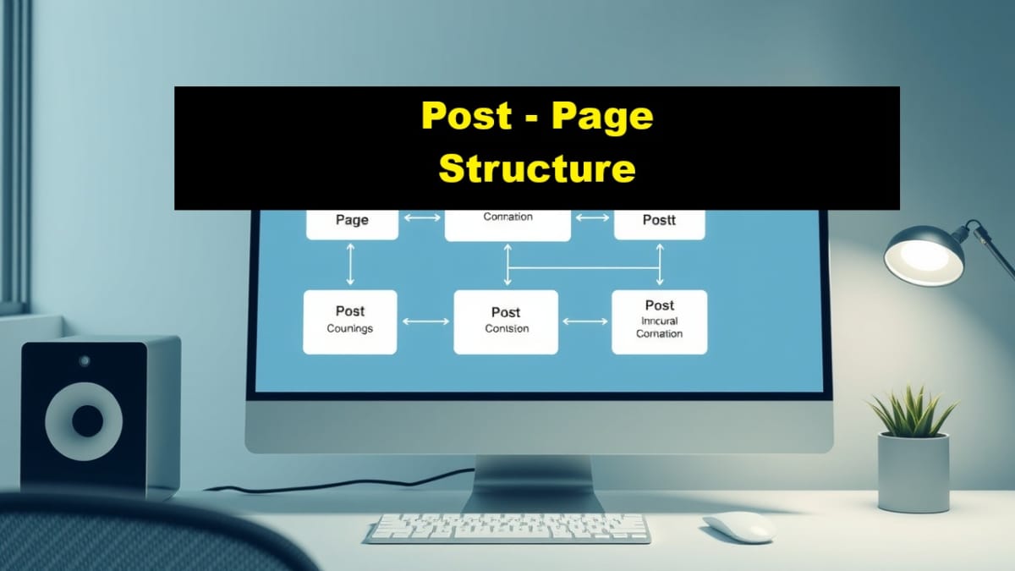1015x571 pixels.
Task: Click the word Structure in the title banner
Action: (537, 168)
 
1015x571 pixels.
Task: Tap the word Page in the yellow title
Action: (602, 115)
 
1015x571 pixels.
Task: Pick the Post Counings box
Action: (349, 321)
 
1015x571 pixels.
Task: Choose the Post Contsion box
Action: (506, 321)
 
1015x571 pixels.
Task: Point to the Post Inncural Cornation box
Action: (659, 321)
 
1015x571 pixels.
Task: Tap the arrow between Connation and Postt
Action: (591, 218)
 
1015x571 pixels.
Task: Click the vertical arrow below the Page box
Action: (350, 264)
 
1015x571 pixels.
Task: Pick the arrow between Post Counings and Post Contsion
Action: (425, 321)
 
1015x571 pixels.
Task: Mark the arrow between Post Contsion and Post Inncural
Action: (584, 321)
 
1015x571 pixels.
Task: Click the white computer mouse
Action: (738, 526)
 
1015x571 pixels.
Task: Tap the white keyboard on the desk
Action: (507, 528)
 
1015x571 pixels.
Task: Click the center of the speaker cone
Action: (86, 420)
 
